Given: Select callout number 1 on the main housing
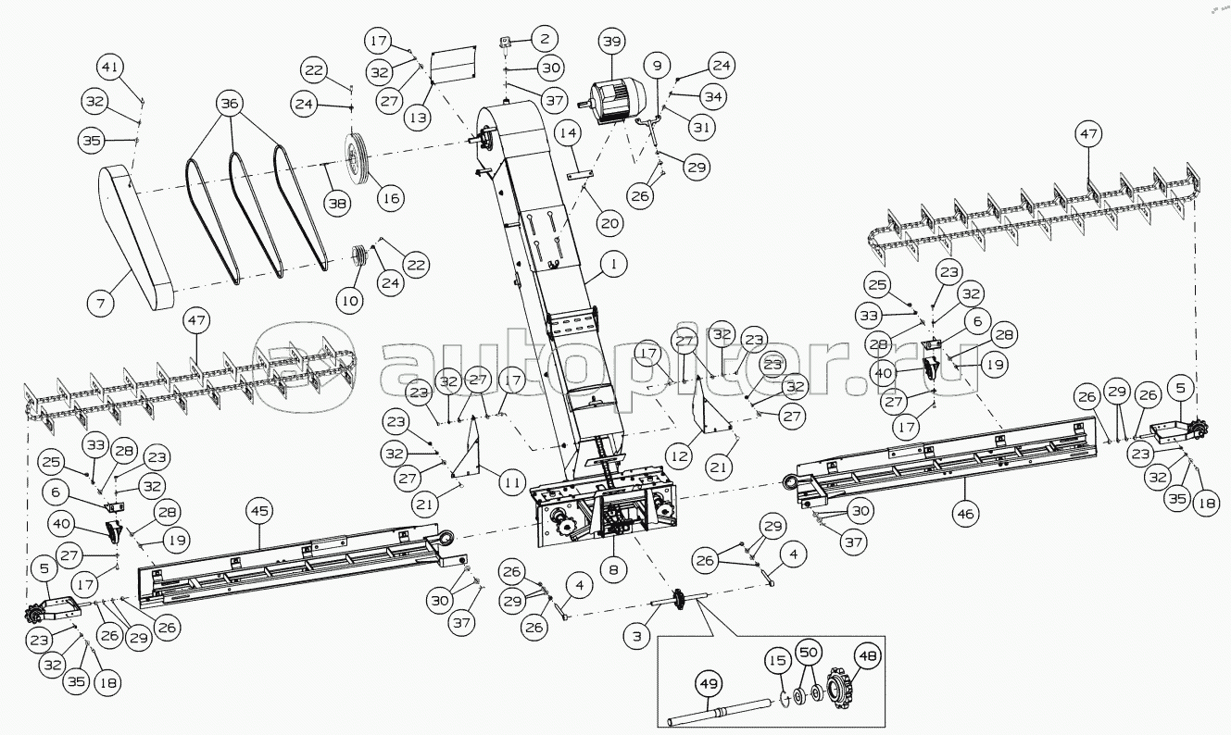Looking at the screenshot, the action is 614,264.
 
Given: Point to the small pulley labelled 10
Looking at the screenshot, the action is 359,257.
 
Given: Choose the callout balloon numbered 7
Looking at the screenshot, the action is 101,304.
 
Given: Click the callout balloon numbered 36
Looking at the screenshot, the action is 230,104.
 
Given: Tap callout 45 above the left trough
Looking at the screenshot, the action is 259,511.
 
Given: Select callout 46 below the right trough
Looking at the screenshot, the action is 965,514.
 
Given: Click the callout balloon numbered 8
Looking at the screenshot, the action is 613,569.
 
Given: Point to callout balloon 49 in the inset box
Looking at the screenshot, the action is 709,684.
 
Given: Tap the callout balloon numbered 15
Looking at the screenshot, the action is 777,660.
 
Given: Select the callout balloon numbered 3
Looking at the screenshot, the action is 637,636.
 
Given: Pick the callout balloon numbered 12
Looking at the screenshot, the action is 680,456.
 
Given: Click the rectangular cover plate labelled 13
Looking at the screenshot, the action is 453,66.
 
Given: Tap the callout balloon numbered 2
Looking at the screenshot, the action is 544,39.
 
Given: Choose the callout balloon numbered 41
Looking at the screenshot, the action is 110,67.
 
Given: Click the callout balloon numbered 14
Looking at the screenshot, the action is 569,133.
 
